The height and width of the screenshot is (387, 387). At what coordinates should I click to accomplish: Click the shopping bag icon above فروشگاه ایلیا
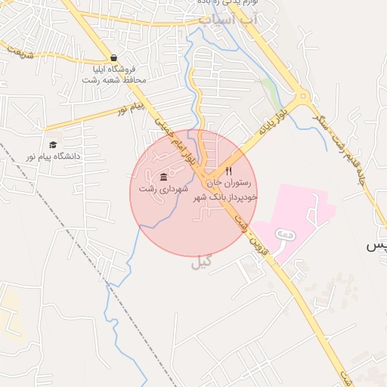[x=113, y=57]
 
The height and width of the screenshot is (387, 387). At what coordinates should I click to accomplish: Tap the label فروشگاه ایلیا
[x=113, y=69]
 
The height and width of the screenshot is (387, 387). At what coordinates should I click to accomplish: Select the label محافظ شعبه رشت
[x=113, y=79]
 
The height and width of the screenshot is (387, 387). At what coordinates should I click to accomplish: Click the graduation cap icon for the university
[x=53, y=144]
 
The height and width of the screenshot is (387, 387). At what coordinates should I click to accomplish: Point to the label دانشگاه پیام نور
[x=53, y=156]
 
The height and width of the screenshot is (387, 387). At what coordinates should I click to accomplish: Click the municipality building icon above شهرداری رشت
[x=164, y=176]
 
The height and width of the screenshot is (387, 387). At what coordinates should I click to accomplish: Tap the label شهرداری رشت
[x=163, y=187]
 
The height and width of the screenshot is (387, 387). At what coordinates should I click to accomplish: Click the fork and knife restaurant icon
[x=229, y=171]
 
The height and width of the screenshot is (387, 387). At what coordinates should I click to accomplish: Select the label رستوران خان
[x=229, y=182]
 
